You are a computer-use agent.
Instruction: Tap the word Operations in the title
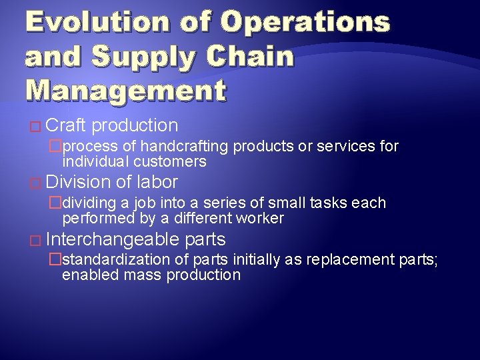(x=305, y=21)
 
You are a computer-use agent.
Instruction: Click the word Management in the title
(x=125, y=91)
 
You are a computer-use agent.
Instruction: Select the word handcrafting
(x=183, y=146)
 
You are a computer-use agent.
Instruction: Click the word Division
(x=79, y=182)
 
